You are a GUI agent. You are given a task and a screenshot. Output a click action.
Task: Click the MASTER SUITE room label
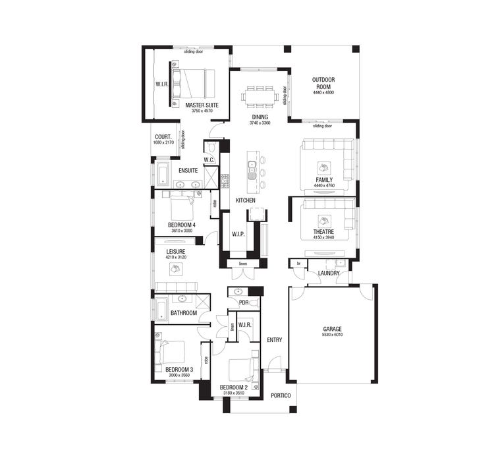[202, 105]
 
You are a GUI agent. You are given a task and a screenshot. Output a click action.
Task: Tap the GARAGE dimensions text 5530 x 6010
[333, 335]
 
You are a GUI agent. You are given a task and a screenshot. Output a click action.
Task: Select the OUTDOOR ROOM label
[323, 83]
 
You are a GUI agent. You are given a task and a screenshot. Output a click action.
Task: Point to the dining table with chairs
[261, 97]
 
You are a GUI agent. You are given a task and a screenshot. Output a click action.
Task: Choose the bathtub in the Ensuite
[163, 175]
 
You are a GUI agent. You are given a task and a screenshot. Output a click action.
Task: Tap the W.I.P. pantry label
[238, 234]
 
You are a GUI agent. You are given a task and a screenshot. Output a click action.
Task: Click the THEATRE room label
[323, 232]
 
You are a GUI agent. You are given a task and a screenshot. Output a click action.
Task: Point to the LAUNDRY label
[329, 273]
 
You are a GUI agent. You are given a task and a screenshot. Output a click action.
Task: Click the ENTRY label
[275, 340]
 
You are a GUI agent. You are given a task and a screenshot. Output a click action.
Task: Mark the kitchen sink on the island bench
[252, 173]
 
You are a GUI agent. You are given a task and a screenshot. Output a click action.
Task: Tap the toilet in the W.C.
[211, 148]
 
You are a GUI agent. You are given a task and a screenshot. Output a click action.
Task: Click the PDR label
[243, 302]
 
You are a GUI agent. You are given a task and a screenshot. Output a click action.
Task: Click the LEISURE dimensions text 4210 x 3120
[176, 257]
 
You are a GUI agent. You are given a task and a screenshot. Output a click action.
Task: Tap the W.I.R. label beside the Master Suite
[162, 84]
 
